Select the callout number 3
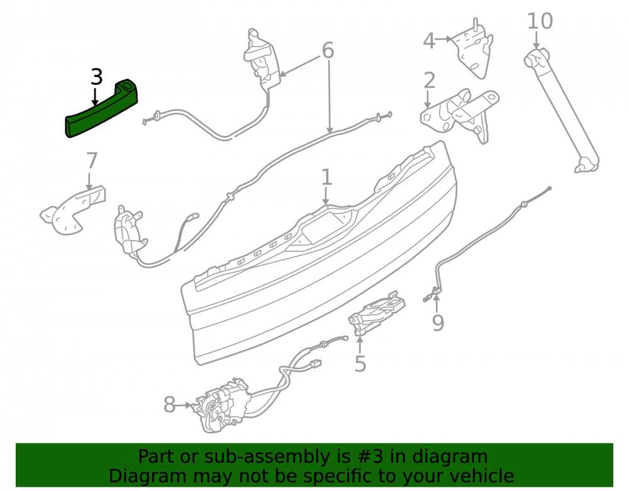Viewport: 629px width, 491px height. pyautogui.click(x=97, y=77)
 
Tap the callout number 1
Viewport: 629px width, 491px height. pyautogui.click(x=327, y=177)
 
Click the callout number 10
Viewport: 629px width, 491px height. pyautogui.click(x=540, y=21)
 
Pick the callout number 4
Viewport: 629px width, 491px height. pyautogui.click(x=429, y=41)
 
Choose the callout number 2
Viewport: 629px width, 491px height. pyautogui.click(x=429, y=80)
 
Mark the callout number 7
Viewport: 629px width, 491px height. pyautogui.click(x=92, y=161)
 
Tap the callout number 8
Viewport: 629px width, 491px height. pyautogui.click(x=169, y=405)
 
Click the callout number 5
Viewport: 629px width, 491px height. pyautogui.click(x=360, y=364)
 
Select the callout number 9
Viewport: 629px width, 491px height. pyautogui.click(x=438, y=323)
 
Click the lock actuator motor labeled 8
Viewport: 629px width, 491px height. pyautogui.click(x=221, y=405)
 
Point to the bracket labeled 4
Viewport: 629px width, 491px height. pyautogui.click(x=472, y=48)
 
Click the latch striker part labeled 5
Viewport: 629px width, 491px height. pyautogui.click(x=376, y=312)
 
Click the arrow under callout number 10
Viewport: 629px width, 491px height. pyautogui.click(x=537, y=40)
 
